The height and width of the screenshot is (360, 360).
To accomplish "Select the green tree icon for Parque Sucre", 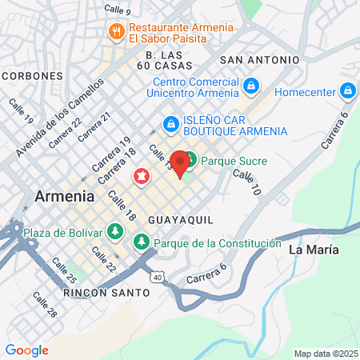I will point(191,161).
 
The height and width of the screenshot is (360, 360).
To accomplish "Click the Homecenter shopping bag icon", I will point(347,91).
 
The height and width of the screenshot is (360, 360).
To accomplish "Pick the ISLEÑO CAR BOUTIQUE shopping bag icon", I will point(170,125).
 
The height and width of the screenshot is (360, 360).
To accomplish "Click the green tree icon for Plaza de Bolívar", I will point(115,232).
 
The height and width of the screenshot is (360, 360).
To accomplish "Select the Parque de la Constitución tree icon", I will point(142,241).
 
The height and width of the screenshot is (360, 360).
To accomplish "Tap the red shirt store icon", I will point(142,176).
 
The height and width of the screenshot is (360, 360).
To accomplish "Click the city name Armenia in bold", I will point(65,196).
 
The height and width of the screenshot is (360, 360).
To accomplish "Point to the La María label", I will point(313,250).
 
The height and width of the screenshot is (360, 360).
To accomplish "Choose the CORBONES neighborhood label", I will point(32,75).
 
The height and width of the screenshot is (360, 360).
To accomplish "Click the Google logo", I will point(26,350).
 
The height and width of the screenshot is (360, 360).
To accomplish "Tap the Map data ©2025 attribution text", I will point(324,354).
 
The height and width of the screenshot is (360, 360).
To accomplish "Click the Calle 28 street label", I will point(45,304).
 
